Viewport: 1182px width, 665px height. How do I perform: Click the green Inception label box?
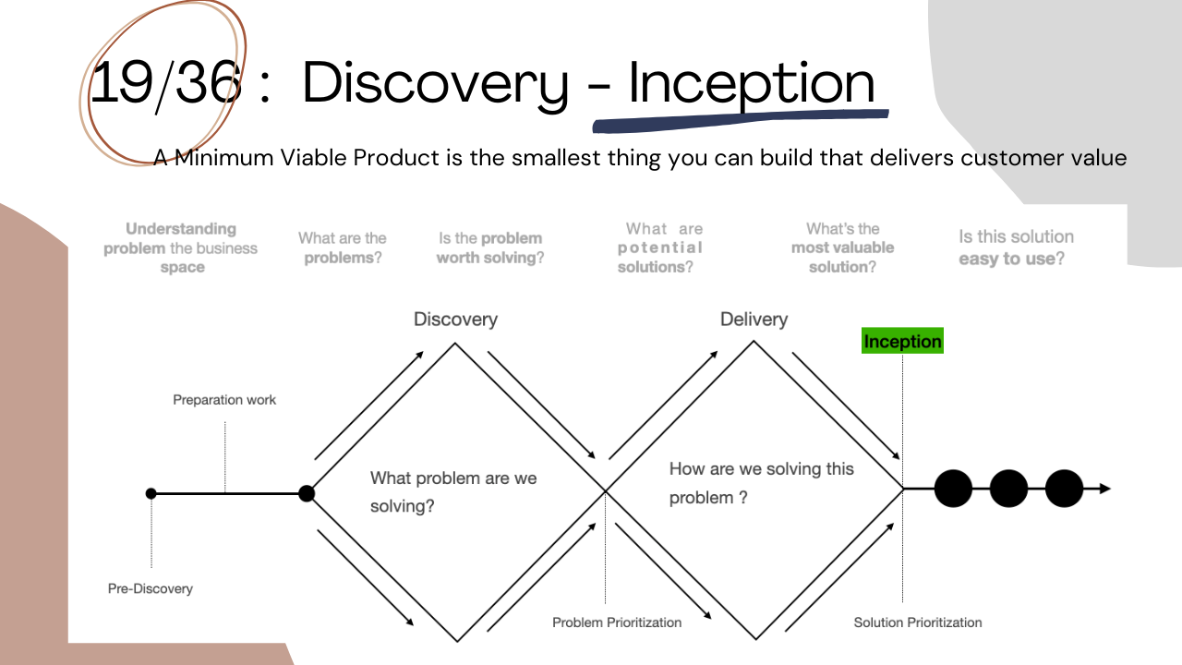[x=902, y=342]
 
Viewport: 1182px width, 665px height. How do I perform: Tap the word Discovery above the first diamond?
[x=455, y=320]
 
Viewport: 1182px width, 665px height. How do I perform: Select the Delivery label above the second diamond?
[x=754, y=320]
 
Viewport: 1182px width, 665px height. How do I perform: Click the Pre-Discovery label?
[x=151, y=588]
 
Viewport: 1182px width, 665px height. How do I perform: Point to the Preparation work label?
[x=224, y=400]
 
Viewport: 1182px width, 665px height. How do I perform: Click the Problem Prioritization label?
[x=617, y=623]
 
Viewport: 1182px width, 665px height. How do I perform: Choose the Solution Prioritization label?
[x=918, y=623]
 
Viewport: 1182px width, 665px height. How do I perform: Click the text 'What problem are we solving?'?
[x=452, y=491]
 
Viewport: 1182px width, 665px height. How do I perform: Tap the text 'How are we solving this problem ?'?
[x=761, y=482]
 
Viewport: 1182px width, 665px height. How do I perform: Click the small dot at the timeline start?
[x=151, y=493]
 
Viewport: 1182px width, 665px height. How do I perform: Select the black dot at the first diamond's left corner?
[x=307, y=493]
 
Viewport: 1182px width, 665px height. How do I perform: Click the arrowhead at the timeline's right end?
[x=1104, y=489]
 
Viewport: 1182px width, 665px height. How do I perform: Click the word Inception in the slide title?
[x=751, y=83]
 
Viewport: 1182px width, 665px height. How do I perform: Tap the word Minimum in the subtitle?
[x=224, y=158]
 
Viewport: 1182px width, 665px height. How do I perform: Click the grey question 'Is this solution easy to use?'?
[x=1016, y=248]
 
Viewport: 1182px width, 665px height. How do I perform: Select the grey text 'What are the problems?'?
[x=342, y=248]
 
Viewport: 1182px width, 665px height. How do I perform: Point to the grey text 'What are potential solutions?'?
[x=661, y=248]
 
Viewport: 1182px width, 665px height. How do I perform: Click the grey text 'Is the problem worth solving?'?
[x=490, y=248]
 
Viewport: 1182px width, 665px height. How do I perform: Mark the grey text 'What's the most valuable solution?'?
[x=842, y=248]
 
